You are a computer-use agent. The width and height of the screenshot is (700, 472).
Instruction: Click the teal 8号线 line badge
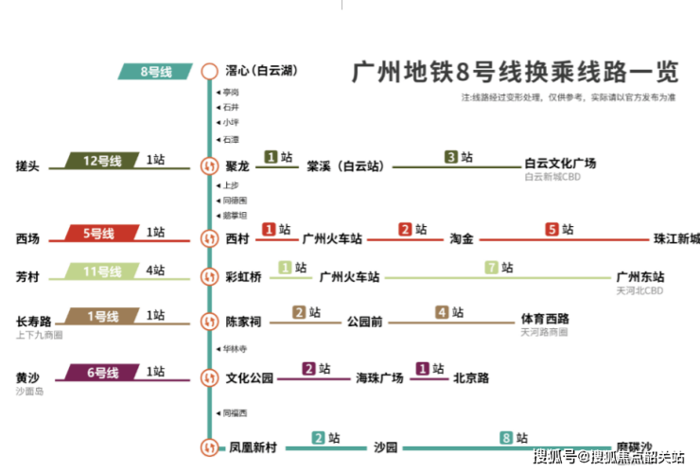pos(156,71)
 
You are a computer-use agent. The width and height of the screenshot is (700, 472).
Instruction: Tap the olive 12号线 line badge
pos(102,161)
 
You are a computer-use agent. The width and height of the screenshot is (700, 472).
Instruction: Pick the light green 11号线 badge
pos(102,271)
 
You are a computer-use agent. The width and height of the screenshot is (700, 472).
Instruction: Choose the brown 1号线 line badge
pos(102,315)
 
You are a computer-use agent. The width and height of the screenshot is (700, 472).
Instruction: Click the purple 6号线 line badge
pos(102,372)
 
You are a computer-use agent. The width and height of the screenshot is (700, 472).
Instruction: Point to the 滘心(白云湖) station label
pos(259,71)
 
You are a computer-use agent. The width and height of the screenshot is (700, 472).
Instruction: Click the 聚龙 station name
pos(238,166)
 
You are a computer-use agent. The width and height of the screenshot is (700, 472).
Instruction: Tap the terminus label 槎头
pos(27,166)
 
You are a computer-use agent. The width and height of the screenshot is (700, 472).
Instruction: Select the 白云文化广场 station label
pos(560,164)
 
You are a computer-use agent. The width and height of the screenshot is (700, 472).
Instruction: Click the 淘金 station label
pos(461,238)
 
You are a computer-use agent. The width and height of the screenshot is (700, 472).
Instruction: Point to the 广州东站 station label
pos(639,277)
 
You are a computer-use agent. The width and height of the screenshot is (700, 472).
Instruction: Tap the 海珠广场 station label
pos(379,377)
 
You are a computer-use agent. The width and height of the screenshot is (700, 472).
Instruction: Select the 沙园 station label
pos(385,447)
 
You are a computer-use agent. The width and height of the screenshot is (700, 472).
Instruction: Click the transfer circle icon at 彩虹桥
pos(209,277)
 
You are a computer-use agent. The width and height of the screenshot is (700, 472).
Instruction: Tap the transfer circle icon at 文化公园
pos(209,377)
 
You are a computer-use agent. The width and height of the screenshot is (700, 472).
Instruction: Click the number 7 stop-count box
pos(491,268)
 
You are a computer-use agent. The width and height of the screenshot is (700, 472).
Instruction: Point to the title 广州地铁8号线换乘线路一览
pos(515,73)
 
